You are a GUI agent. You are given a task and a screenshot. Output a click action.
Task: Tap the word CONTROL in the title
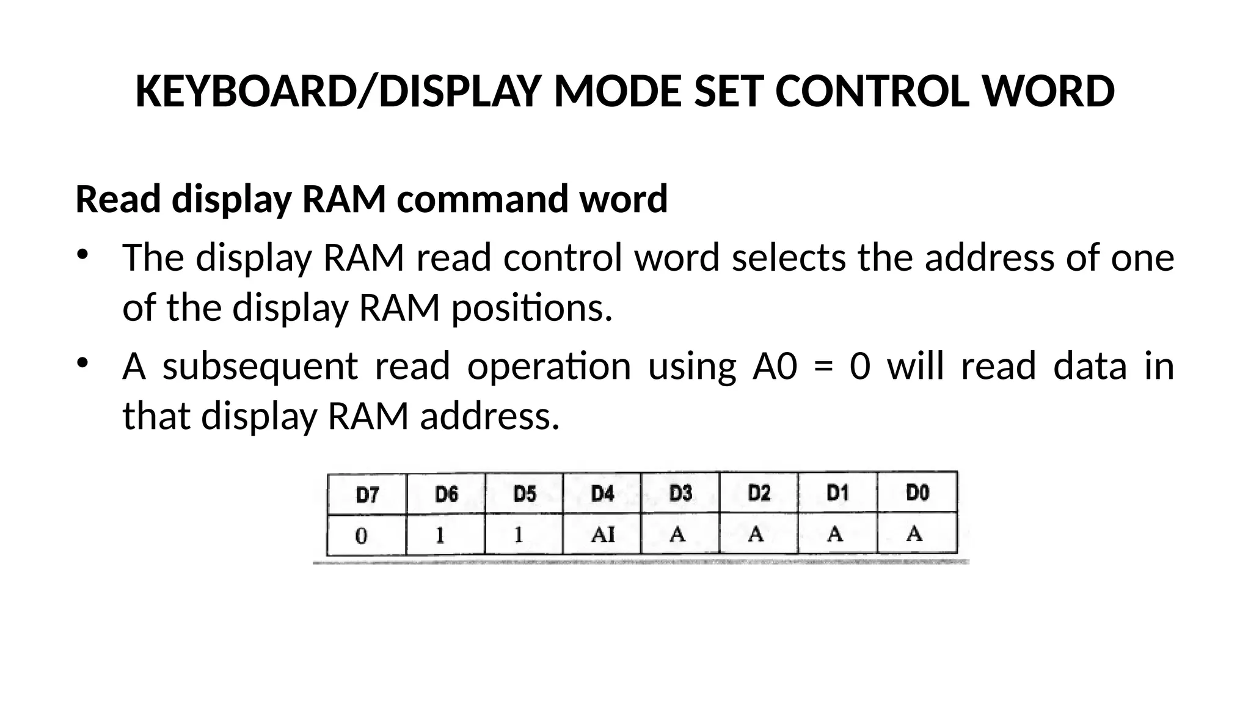[870, 92]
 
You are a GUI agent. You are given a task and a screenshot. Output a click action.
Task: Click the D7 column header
[367, 494]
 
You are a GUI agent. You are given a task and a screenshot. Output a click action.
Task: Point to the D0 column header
[917, 493]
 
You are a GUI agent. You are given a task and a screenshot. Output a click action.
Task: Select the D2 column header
[759, 493]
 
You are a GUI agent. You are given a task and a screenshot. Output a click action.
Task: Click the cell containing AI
[602, 535]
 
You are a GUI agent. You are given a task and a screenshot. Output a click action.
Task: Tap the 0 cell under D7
[361, 536]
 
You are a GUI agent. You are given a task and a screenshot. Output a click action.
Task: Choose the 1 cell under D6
[440, 535]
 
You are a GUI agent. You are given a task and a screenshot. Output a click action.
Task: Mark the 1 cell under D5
[519, 535]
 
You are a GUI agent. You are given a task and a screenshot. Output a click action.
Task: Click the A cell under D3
[677, 535]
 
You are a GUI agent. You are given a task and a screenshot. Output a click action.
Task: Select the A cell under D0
[914, 534]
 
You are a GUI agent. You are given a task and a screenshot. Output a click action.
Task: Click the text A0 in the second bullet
[775, 367]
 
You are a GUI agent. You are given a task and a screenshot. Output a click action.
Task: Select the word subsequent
[260, 367]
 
